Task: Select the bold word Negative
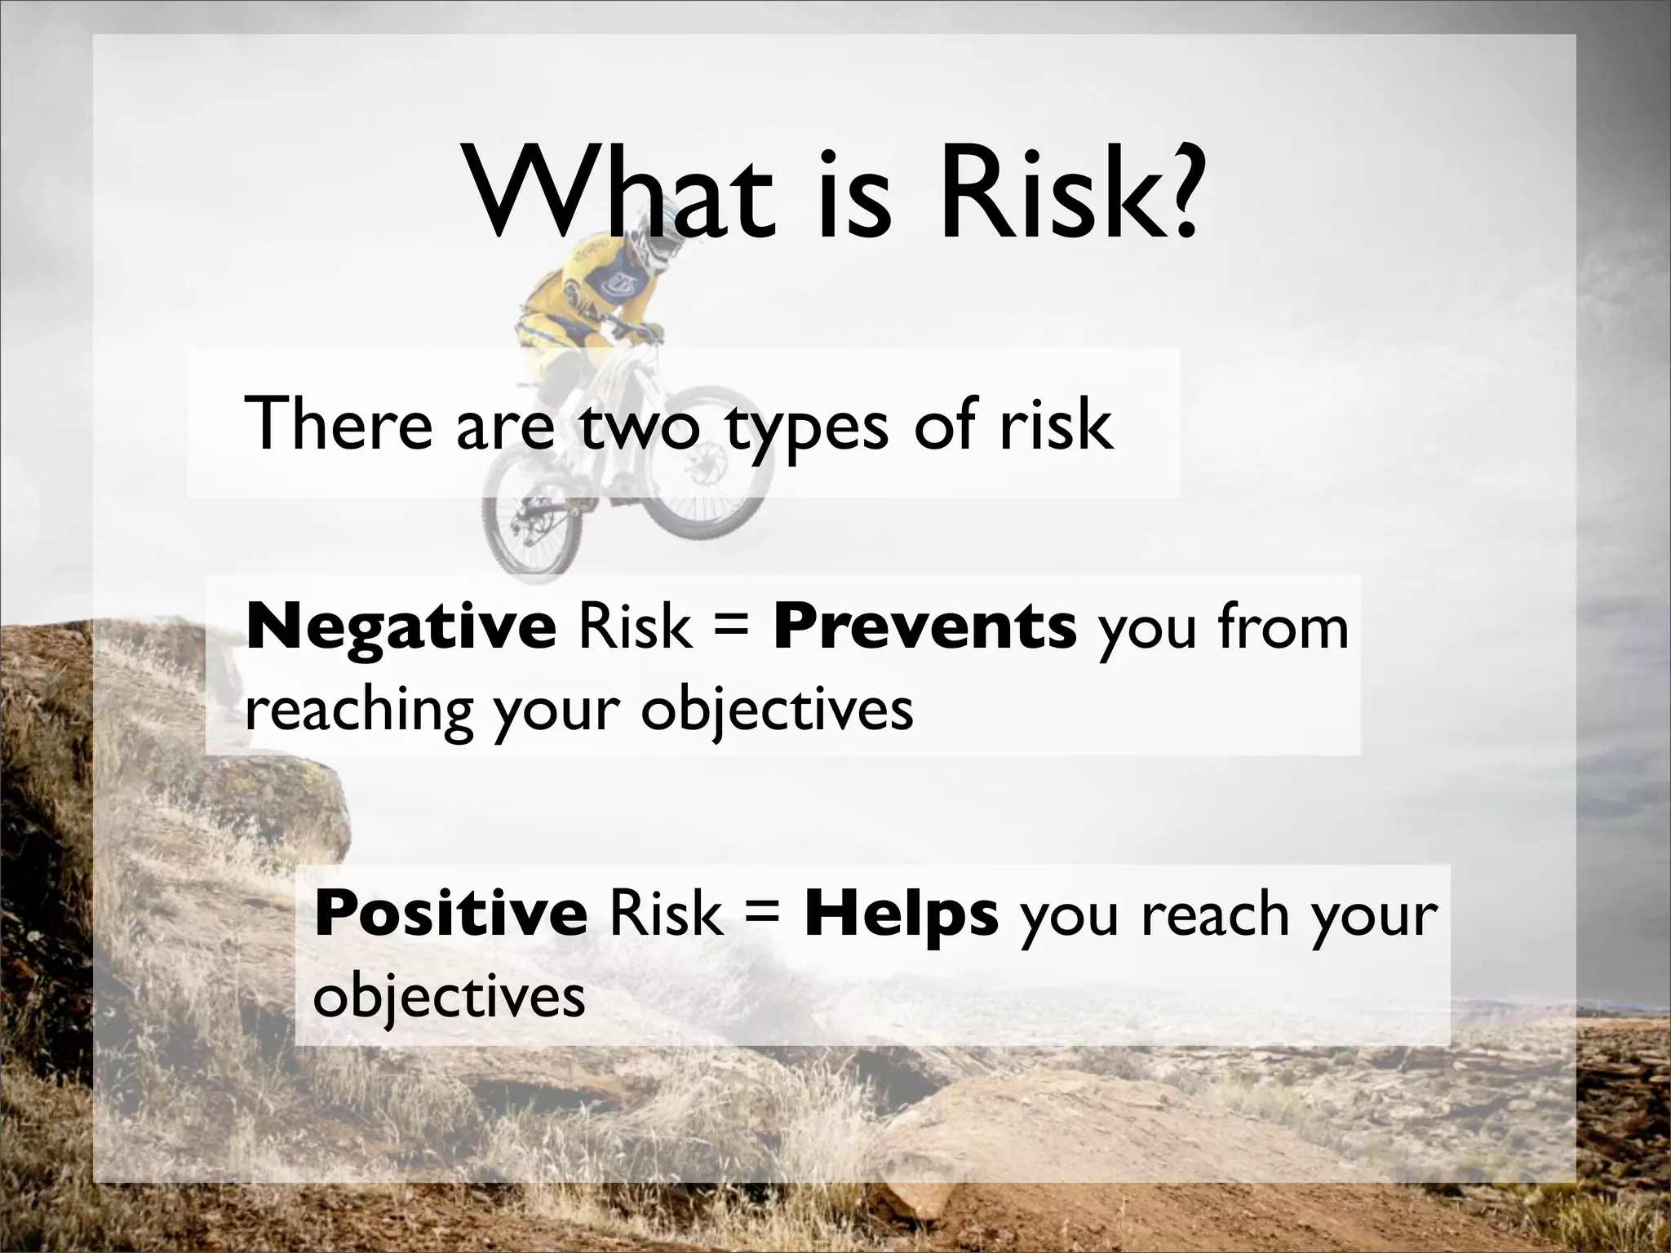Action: tap(401, 627)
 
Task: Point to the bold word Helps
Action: tap(901, 914)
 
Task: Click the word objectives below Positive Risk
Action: tap(450, 997)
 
